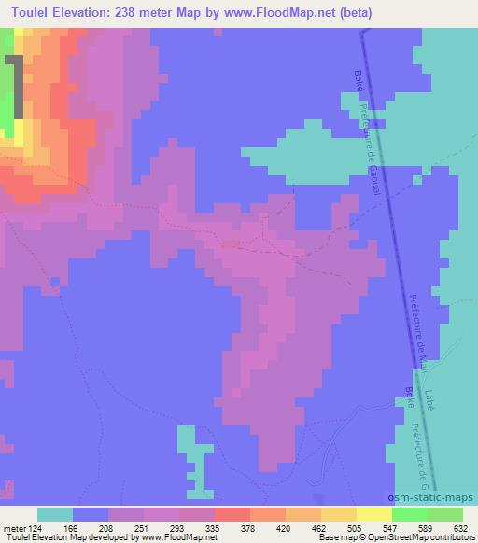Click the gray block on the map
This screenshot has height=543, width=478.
pos(14,88)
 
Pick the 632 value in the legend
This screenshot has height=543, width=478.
pos(462,526)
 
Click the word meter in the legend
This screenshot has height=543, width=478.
pos(17,526)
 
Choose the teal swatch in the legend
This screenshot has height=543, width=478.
pos(55,514)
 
